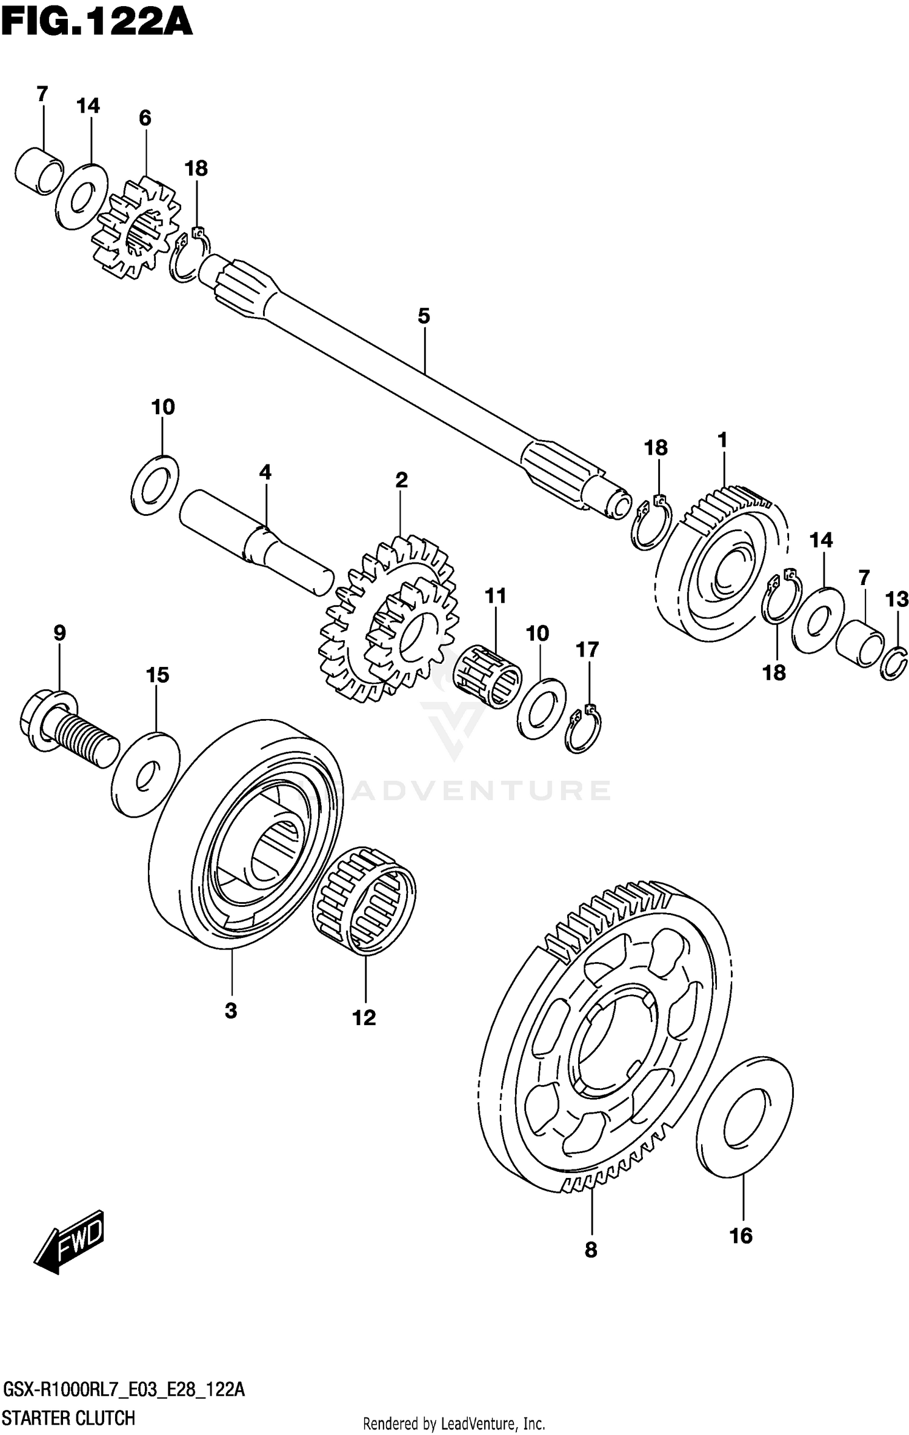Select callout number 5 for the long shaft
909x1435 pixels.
point(424,316)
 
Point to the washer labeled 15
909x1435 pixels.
point(145,775)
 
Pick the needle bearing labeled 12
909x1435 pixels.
point(364,900)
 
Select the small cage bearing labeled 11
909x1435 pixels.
point(488,677)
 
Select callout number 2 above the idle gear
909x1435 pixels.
point(401,480)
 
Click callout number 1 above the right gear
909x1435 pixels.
point(722,440)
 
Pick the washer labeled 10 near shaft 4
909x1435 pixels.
point(155,484)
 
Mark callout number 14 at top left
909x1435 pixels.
point(88,106)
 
